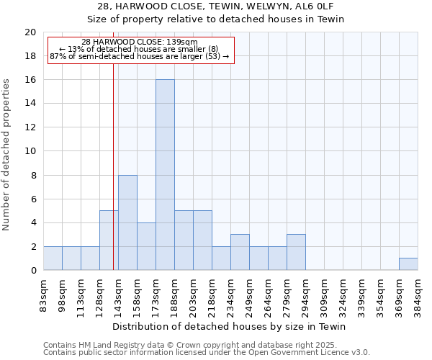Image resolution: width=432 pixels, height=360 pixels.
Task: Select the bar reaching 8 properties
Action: [127, 222]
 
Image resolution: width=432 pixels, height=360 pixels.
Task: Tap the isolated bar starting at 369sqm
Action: [408, 264]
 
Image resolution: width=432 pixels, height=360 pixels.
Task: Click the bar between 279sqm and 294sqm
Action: [296, 252]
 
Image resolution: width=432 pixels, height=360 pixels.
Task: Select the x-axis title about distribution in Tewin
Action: [230, 327]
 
